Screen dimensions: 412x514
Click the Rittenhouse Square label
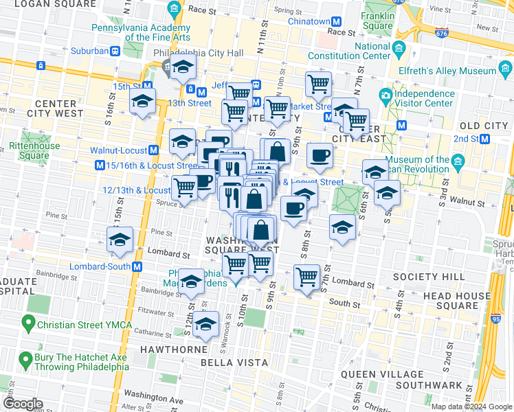[29, 150]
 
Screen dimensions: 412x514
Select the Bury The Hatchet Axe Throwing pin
[25, 359]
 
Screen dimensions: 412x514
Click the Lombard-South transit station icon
[137, 266]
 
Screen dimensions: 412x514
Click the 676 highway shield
[442, 31]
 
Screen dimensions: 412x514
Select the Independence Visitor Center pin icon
[385, 94]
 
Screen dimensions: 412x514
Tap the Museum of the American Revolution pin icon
[458, 160]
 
